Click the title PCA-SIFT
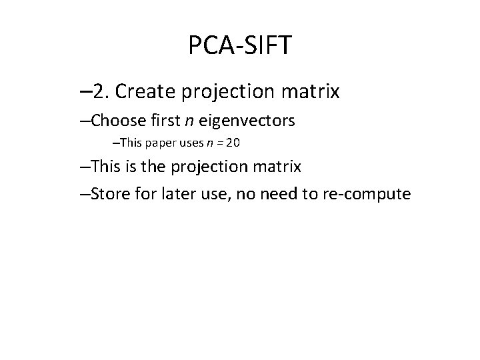(240, 46)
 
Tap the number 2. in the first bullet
(101, 91)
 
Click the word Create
(141, 91)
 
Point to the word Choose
(112, 121)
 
